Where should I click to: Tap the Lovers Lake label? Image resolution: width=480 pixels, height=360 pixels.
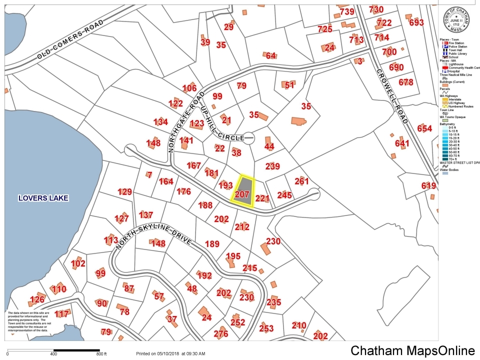point(43,198)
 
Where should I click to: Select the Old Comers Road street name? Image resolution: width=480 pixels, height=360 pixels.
point(70,40)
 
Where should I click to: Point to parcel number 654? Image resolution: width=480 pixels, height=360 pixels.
point(424,128)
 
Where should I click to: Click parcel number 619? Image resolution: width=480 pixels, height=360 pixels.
point(428,186)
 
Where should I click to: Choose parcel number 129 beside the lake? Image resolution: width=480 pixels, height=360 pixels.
point(124,191)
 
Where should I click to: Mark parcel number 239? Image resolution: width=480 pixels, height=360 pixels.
point(272,166)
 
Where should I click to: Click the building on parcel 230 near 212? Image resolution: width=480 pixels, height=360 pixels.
point(264,248)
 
